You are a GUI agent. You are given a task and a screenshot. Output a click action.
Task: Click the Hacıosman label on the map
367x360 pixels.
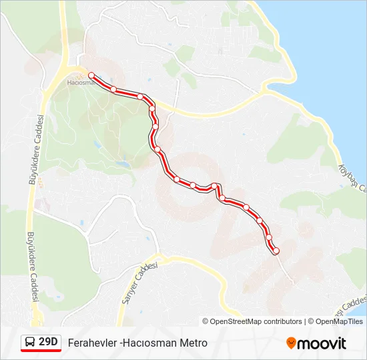pyautogui.click(x=81, y=83)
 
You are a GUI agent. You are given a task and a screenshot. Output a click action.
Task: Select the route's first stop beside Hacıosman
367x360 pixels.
pyautogui.click(x=91, y=75)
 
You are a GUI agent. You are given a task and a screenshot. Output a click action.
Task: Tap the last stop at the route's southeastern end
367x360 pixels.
pyautogui.click(x=276, y=251)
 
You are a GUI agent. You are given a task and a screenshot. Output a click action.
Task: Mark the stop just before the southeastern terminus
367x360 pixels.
pyautogui.click(x=269, y=237)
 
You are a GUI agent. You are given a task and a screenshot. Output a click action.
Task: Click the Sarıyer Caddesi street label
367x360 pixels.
pyautogui.click(x=137, y=283)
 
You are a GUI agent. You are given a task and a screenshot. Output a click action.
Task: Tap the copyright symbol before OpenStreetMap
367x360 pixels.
pyautogui.click(x=206, y=321)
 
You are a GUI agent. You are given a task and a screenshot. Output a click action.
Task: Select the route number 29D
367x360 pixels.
pyautogui.click(x=48, y=343)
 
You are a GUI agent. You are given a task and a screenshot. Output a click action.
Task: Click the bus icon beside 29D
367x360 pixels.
pyautogui.click(x=29, y=343)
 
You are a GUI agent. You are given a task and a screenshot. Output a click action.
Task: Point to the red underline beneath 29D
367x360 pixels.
pyautogui.click(x=41, y=351)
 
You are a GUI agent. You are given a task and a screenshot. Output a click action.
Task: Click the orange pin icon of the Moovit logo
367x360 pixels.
pyautogui.click(x=291, y=343)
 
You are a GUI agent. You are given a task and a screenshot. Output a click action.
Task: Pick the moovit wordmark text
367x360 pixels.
pyautogui.click(x=322, y=344)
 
